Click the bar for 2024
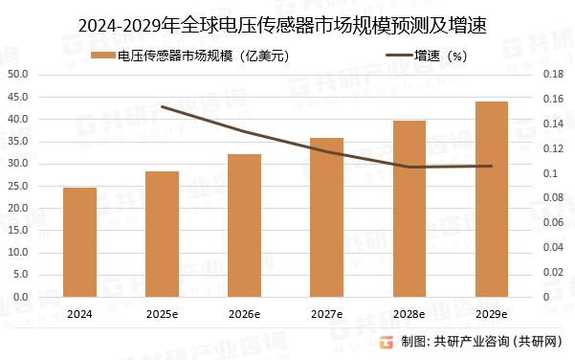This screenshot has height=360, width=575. (80, 242)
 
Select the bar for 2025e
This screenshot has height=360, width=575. (163, 235)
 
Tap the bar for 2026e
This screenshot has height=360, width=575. (245, 226)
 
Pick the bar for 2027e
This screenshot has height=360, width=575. (327, 217)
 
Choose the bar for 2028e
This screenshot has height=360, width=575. (409, 209)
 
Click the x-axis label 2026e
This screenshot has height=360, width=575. (245, 314)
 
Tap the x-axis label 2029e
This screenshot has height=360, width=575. (492, 314)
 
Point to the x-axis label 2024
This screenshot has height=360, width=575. (80, 314)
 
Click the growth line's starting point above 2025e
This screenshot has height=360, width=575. (163, 107)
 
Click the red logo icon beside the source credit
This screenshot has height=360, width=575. (387, 343)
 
